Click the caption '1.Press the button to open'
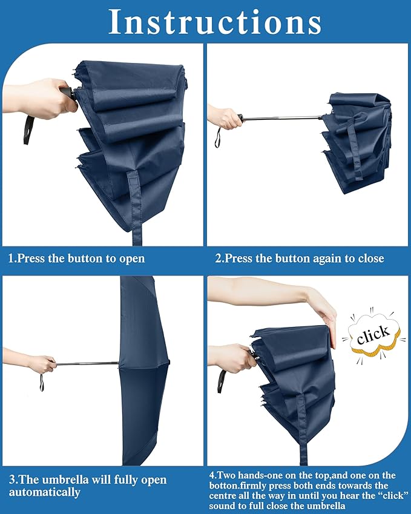(76, 259)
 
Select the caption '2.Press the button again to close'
(300, 259)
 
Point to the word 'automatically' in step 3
(44, 492)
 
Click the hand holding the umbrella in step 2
(228, 117)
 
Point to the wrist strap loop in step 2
(217, 140)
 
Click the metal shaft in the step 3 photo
(88, 363)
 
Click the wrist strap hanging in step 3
(42, 383)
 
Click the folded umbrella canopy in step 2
(357, 142)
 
